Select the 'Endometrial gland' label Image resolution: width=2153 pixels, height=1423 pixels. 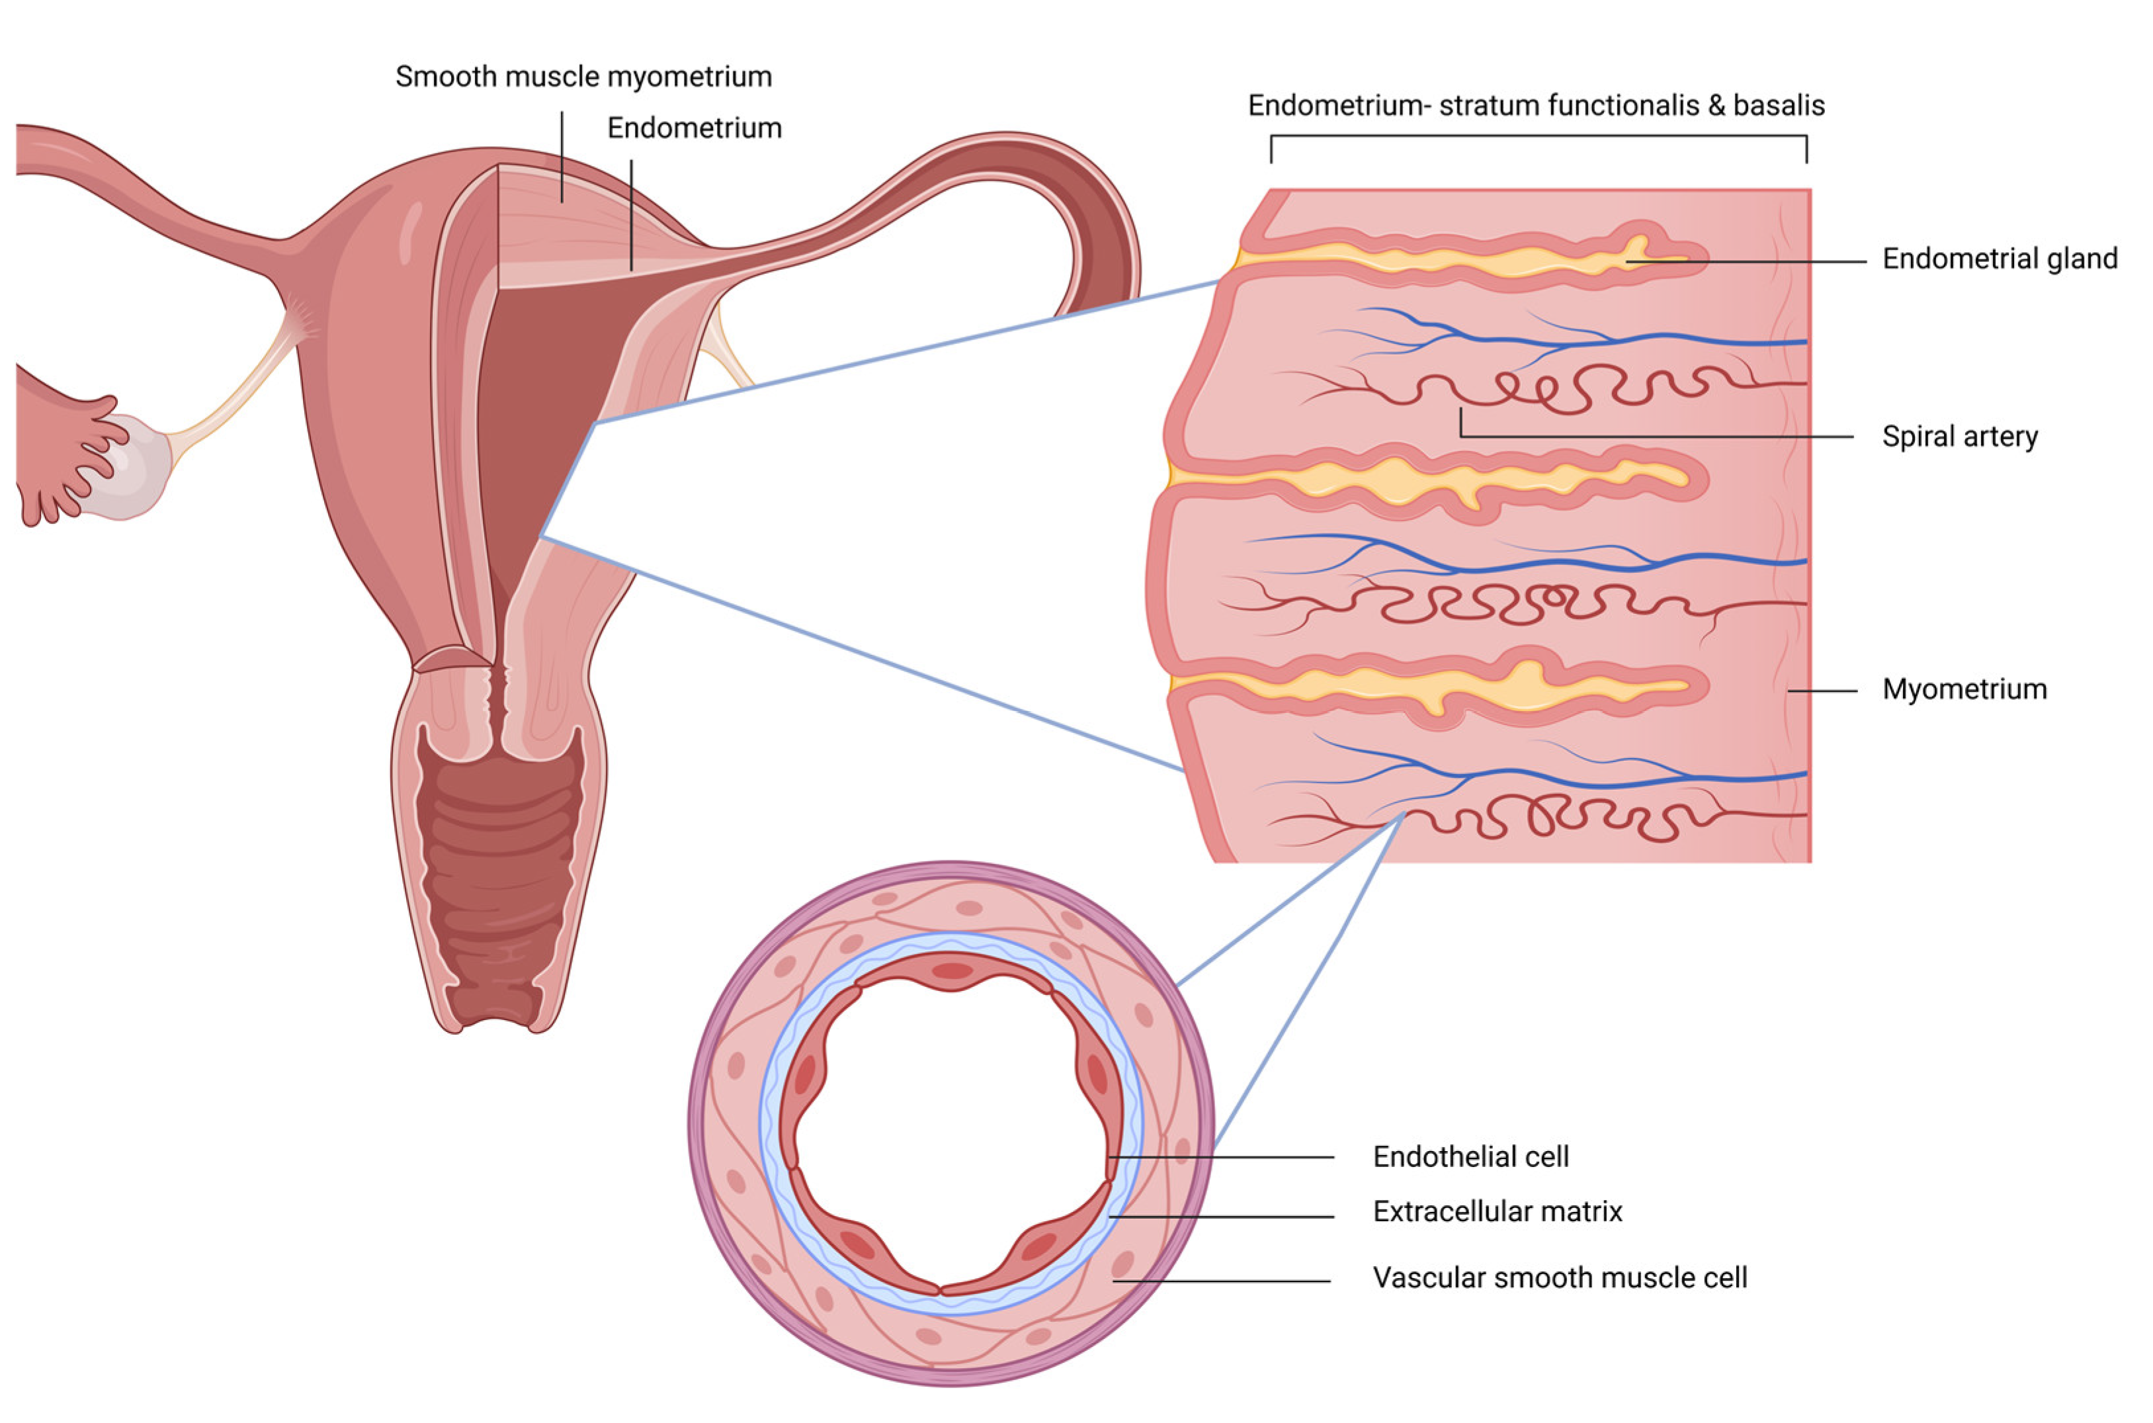pos(2000,259)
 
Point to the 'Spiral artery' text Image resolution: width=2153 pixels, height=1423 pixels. pos(1960,437)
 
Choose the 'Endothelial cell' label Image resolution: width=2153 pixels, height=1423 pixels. pos(1470,1157)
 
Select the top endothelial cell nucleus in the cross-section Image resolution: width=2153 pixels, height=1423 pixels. pos(952,972)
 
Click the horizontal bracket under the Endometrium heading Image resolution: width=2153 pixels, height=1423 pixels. pos(1538,137)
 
